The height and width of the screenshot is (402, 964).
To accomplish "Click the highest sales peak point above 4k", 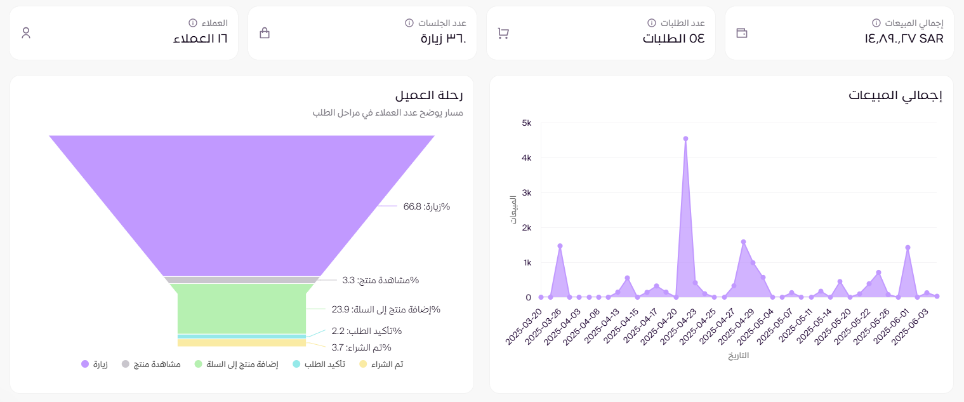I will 685,138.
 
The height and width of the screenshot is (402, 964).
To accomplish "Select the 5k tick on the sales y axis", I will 526,123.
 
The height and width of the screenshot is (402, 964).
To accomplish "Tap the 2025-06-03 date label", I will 912,324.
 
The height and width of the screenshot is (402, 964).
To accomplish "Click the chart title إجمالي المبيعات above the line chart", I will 895,96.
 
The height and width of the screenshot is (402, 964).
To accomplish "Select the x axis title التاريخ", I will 738,356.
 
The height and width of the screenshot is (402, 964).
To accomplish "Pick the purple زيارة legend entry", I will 95,365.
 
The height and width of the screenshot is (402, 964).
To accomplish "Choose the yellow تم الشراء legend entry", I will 381,365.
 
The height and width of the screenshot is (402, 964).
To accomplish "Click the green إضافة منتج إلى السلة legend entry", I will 236,365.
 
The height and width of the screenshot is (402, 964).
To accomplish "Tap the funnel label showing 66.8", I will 426,206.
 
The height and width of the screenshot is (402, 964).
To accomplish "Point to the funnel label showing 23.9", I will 386,309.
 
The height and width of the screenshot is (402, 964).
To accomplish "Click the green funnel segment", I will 241,309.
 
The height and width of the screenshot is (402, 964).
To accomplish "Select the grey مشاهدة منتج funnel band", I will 241,280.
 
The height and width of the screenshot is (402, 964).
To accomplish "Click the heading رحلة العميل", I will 429,96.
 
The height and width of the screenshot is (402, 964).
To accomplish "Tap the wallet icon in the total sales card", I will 742,33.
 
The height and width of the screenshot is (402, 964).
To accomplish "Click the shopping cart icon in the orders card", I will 503,33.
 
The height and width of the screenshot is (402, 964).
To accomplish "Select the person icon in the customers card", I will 26,33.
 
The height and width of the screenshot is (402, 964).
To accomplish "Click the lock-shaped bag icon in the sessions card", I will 265,33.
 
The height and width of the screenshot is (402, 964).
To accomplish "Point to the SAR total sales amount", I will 904,39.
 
